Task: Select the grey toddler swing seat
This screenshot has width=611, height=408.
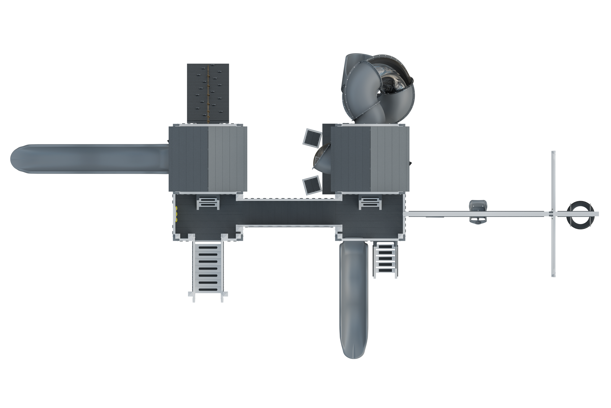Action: [x=478, y=211]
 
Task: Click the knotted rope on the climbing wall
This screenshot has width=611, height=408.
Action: [x=208, y=94]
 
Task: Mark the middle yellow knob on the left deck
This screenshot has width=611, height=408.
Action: [x=176, y=214]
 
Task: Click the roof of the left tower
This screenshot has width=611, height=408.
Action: [x=208, y=159]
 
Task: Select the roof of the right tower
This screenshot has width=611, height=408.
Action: [x=370, y=159]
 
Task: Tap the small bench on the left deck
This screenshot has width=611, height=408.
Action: [x=208, y=203]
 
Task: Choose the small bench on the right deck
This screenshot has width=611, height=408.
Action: [x=370, y=203]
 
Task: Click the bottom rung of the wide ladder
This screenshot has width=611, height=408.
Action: [x=208, y=289]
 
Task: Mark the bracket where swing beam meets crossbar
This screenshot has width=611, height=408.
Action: [x=553, y=214]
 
